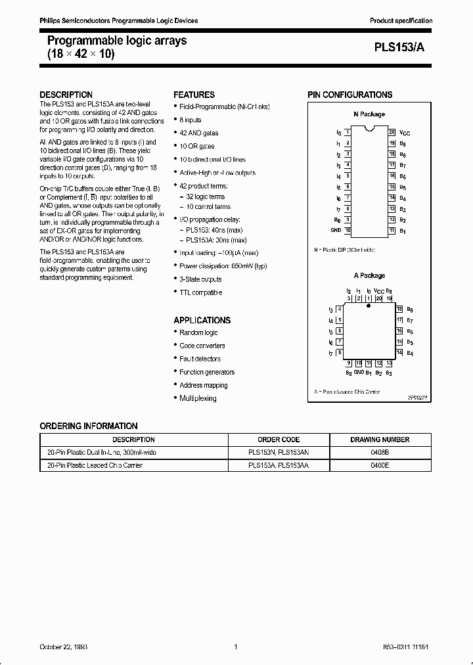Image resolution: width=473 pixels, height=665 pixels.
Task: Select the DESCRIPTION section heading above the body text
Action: (x=66, y=95)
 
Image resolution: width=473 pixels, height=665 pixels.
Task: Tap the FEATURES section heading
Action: (x=194, y=95)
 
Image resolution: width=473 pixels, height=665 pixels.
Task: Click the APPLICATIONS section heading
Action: (x=202, y=320)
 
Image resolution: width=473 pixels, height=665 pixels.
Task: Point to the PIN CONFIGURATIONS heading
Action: (x=349, y=95)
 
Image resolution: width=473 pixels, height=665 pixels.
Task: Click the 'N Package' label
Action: (x=369, y=114)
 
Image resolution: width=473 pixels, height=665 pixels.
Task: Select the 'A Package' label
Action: (x=369, y=275)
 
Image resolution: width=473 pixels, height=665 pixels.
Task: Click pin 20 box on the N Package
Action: (x=392, y=132)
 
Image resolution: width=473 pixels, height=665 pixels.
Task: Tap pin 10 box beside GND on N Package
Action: (x=348, y=231)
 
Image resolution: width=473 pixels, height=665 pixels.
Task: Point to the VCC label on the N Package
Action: (x=405, y=133)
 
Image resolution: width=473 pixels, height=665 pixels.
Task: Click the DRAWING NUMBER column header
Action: (x=380, y=440)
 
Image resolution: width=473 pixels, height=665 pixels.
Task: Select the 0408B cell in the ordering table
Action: (x=380, y=453)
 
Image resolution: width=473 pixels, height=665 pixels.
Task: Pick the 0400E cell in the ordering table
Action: (x=380, y=465)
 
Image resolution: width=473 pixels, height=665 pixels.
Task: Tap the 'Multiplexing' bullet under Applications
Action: (x=198, y=398)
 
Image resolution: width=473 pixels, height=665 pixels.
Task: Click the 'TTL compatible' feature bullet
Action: (x=200, y=292)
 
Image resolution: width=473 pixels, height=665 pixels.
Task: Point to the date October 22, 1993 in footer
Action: (x=64, y=647)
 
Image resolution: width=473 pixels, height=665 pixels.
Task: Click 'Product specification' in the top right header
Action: (x=401, y=21)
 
